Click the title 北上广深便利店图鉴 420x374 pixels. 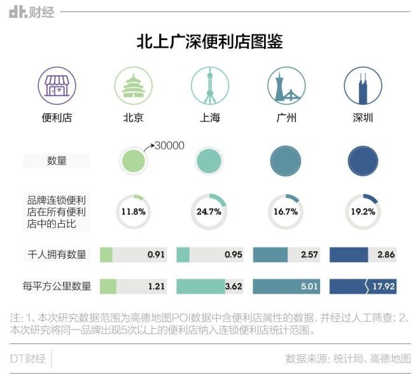click(x=210, y=42)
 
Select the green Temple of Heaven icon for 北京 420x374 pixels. click(x=133, y=87)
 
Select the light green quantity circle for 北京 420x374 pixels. click(x=133, y=161)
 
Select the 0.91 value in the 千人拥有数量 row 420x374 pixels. click(x=156, y=255)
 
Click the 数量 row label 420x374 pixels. click(x=57, y=161)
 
